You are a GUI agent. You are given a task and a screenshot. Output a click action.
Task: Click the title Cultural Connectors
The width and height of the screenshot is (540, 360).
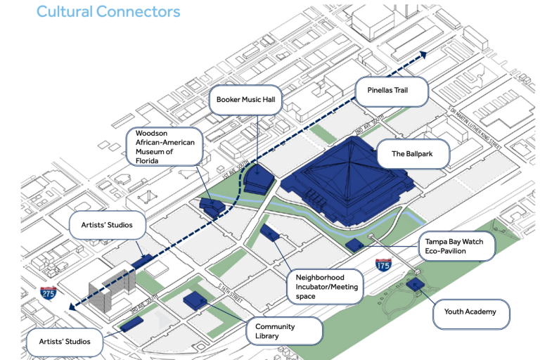click(x=108, y=12)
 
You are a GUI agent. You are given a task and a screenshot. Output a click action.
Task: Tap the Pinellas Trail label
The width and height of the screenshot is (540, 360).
click(x=391, y=90)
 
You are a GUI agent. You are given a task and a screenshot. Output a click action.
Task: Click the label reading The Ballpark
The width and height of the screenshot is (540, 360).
click(x=412, y=154)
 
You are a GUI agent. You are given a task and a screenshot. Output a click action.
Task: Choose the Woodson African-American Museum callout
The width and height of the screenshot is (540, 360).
click(x=164, y=146)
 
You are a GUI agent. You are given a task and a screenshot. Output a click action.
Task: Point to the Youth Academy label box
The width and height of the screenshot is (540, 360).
click(x=470, y=311)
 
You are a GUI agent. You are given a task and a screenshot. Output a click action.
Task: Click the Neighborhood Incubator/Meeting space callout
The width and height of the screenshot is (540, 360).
click(x=325, y=287)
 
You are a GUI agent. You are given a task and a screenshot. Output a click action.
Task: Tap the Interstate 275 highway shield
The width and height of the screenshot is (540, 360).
click(x=49, y=292)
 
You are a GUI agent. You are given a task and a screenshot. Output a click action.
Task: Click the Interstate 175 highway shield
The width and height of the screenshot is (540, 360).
click(x=384, y=265)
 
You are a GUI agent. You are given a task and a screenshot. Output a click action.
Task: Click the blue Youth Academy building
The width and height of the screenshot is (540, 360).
click(x=416, y=285)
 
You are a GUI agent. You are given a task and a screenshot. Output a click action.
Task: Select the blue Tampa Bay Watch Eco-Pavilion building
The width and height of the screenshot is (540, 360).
click(x=355, y=245)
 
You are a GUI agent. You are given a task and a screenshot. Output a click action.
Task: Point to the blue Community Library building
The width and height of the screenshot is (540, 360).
click(x=194, y=301)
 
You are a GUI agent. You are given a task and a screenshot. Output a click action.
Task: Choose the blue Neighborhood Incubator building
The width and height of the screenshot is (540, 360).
click(x=269, y=231)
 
